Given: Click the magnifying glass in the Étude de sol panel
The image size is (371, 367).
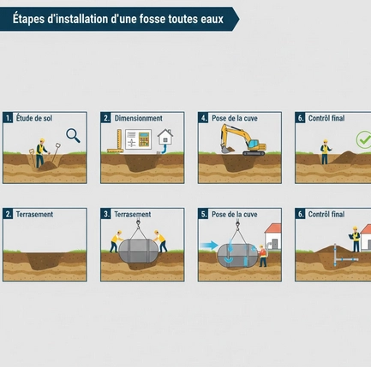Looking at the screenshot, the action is (73, 135).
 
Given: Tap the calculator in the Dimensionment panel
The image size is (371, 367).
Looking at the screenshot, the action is (144, 139).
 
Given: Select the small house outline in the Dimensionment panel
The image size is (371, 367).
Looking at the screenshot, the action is (165, 137).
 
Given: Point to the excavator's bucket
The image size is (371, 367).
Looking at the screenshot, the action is (228, 149).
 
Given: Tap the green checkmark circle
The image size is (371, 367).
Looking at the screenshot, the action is (363, 139).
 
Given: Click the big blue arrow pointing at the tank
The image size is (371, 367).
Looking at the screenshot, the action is (209, 245).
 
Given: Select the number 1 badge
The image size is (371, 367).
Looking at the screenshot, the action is (8, 118).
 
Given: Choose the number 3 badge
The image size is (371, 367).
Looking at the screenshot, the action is (105, 214).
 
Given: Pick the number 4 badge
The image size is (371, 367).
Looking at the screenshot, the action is (203, 118).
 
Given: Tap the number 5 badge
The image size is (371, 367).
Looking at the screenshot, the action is (203, 214).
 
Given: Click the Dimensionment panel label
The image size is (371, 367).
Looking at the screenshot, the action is (139, 118).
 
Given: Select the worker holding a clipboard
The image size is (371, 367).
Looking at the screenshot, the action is (355, 239).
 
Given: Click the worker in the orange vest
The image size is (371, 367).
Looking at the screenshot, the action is (262, 256).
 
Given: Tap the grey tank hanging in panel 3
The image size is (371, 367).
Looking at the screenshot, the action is (138, 251).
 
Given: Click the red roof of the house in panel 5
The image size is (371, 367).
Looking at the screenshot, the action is (273, 228).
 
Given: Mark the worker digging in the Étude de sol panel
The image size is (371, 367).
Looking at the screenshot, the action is (41, 153).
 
